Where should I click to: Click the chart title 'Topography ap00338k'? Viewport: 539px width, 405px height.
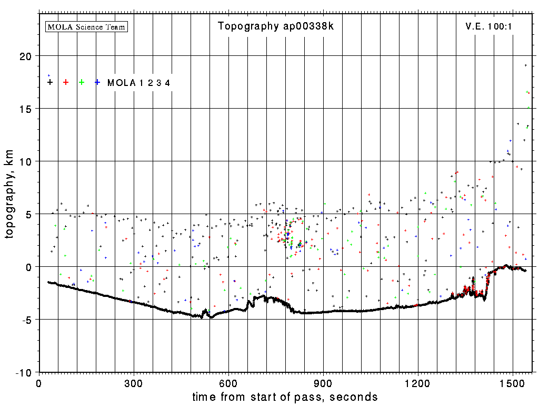(x=276, y=26)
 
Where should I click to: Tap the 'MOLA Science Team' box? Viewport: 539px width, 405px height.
(x=87, y=26)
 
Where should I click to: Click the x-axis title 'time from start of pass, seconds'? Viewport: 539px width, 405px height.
(x=285, y=397)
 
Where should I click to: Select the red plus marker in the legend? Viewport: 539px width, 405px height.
(x=66, y=82)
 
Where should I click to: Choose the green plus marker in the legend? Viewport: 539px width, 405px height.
(x=82, y=82)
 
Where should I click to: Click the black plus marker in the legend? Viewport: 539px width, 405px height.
(x=50, y=82)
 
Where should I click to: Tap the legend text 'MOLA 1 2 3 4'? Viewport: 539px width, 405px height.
(x=138, y=82)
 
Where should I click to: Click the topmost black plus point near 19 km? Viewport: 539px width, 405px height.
(x=525, y=65)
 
